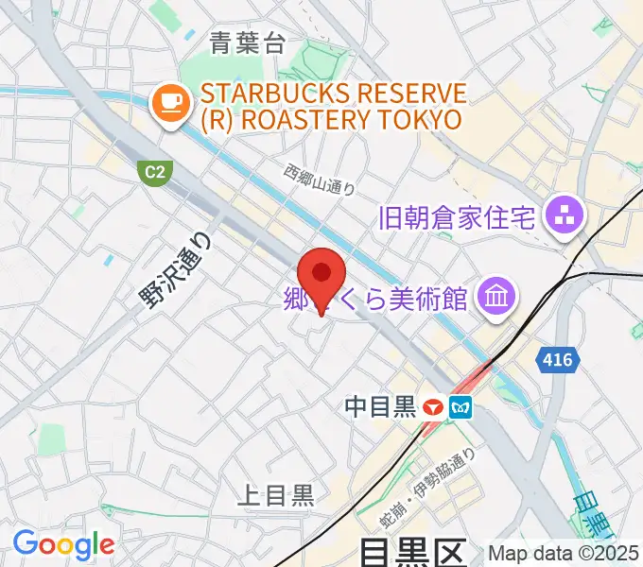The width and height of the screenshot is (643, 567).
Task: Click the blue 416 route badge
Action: tap(556, 359)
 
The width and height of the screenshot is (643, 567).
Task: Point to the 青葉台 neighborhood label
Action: tap(248, 43)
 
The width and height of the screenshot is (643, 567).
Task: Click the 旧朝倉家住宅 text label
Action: tap(458, 218)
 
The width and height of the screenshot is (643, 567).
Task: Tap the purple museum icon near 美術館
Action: tap(495, 298)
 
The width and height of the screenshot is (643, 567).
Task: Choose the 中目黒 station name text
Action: tap(381, 407)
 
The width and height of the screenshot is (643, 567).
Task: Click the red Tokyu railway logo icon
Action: tap(435, 408)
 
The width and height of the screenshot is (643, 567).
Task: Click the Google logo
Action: tap(63, 543)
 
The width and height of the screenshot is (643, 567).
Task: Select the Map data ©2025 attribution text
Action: tap(563, 553)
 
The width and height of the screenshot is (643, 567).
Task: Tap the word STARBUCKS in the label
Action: tap(274, 94)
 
